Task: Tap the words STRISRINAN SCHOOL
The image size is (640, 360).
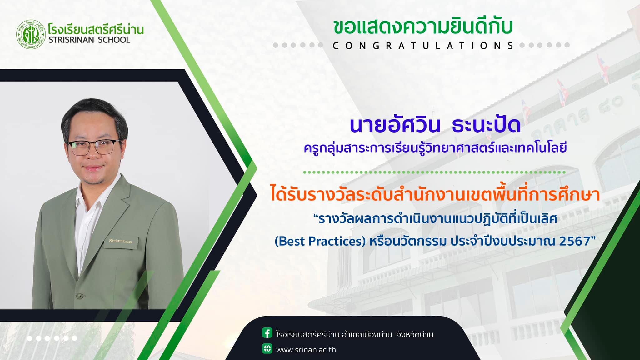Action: tap(89, 40)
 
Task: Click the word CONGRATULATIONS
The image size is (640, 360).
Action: tap(423, 46)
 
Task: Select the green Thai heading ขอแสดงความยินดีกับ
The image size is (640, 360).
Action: tap(423, 27)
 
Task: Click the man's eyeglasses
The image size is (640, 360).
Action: tap(94, 147)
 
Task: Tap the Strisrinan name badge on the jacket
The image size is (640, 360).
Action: tap(120, 241)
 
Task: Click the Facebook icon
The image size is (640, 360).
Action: tap(267, 333)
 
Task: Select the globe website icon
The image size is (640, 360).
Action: tap(267, 348)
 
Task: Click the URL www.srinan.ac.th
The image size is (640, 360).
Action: tap(306, 350)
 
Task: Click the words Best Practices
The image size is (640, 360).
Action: tap(320, 241)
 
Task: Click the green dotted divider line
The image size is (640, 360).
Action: tap(435, 172)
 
